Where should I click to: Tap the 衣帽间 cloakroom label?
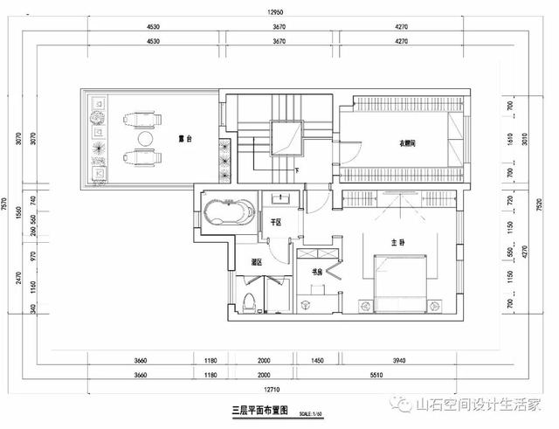[401, 143]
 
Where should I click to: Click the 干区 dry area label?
[275, 223]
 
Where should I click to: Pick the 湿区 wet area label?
[258, 261]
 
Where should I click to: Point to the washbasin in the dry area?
[281, 198]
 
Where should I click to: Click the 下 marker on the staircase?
[298, 169]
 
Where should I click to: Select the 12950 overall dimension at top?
[279, 13]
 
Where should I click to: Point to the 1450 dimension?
[317, 359]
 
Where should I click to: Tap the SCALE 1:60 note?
[311, 413]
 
